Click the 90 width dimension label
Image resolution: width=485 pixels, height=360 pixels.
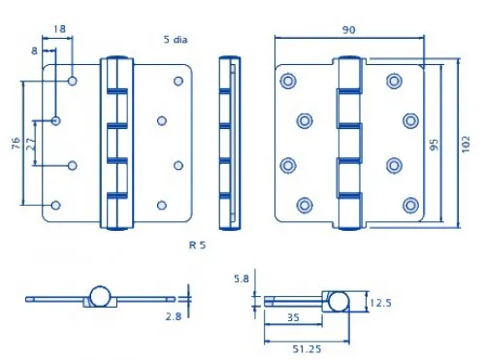348,30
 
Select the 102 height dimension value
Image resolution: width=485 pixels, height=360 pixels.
465,145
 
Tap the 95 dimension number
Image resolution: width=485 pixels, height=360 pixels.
435,145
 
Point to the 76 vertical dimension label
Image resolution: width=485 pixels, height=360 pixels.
16,143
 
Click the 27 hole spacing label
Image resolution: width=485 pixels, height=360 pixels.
30,144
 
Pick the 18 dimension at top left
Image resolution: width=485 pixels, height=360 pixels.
59,29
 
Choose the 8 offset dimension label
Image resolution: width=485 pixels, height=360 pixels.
34,51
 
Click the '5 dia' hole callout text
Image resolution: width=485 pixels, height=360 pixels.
176,40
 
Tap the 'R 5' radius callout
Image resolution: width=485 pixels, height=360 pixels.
197,245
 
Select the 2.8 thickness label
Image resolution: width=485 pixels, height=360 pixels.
174,316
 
